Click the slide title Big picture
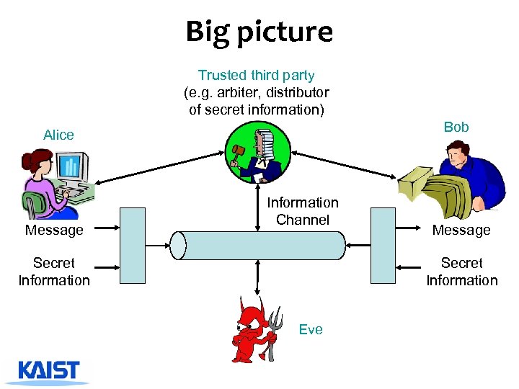(259, 32)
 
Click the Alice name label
(58, 135)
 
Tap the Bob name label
(456, 127)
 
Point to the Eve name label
(311, 329)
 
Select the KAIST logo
(50, 371)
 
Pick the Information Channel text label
(303, 211)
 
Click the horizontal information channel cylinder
(258, 245)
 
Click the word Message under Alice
(54, 231)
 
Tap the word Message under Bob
(461, 231)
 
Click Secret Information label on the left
(54, 272)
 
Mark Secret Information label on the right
(461, 272)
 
